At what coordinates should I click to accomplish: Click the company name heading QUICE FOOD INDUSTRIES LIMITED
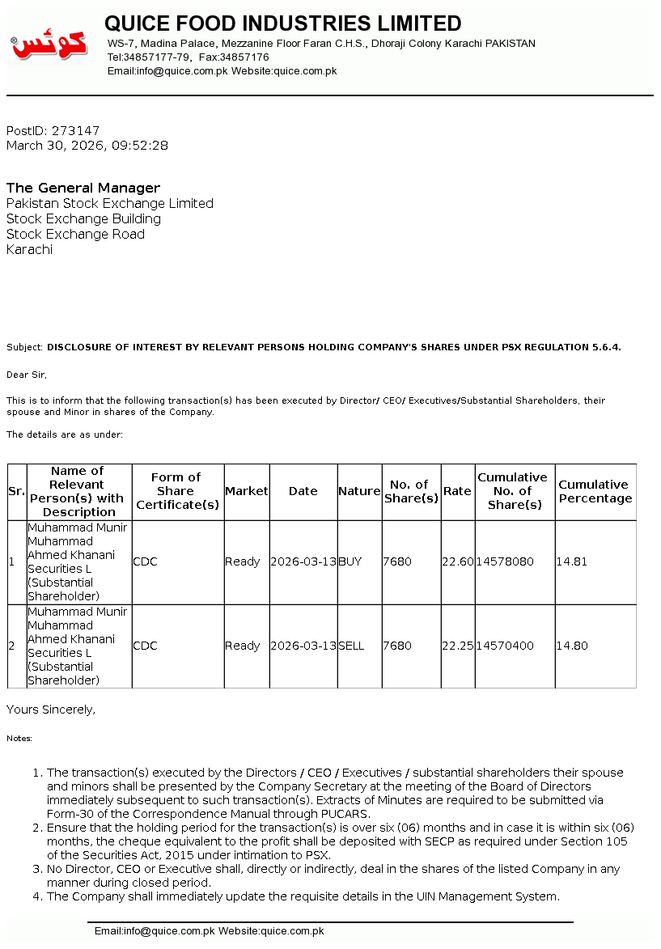click(x=283, y=23)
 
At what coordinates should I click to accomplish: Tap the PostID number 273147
click(x=75, y=130)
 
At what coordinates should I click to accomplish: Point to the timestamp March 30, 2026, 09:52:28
click(x=87, y=146)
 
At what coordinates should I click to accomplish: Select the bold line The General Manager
click(x=83, y=188)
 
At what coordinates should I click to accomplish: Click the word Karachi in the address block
click(x=29, y=249)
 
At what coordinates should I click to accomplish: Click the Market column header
click(x=246, y=491)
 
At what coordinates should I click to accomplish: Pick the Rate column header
click(x=457, y=491)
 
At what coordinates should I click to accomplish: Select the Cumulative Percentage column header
click(x=595, y=491)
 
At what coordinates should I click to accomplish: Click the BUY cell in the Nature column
click(x=350, y=561)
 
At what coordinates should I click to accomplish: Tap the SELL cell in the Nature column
click(x=351, y=646)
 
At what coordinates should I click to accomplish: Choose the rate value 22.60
click(x=458, y=561)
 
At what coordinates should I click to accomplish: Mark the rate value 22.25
click(x=458, y=646)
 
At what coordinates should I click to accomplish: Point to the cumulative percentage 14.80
click(x=572, y=646)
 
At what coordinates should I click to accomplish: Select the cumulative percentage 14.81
click(x=572, y=561)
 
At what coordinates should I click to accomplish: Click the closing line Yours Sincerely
click(x=51, y=710)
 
